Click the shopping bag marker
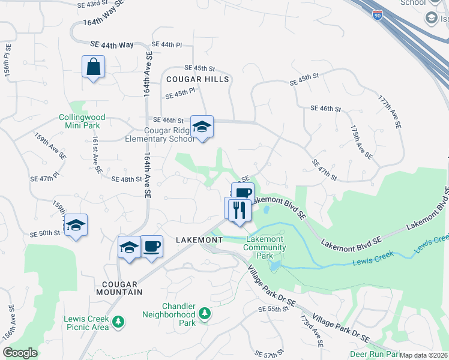[94, 67]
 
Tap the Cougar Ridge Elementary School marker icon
[202, 127]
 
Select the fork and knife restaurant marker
[240, 210]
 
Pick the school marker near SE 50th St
[76, 225]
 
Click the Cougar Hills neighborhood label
[197, 79]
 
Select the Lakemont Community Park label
[264, 247]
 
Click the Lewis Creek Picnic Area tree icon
[118, 322]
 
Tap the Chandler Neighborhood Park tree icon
[205, 314]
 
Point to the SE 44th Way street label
[112, 45]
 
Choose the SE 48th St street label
[127, 179]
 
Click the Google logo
[20, 353]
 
